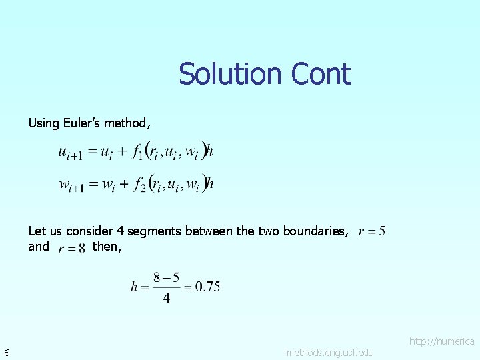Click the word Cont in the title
(320, 74)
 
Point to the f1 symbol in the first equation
(137, 154)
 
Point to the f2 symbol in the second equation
(138, 184)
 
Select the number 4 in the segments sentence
(121, 231)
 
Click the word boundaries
(314, 231)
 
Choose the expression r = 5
(372, 232)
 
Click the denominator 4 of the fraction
(166, 298)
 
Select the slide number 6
(6, 352)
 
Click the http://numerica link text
(441, 341)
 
